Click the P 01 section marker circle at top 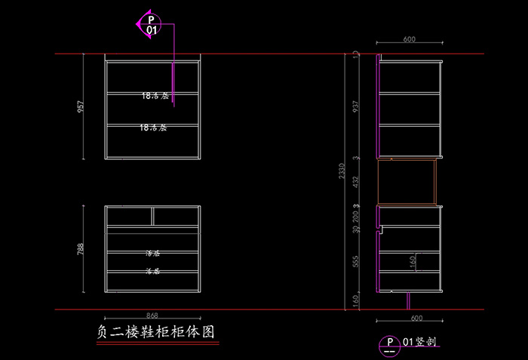152,24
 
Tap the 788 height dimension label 81,249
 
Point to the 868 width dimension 153,315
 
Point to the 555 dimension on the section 356,260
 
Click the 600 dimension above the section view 409,38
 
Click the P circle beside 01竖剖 389,345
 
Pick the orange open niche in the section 407,182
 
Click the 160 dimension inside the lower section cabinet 413,260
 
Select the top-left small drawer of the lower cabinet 129,217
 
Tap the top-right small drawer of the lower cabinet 177,217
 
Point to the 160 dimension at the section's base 356,301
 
